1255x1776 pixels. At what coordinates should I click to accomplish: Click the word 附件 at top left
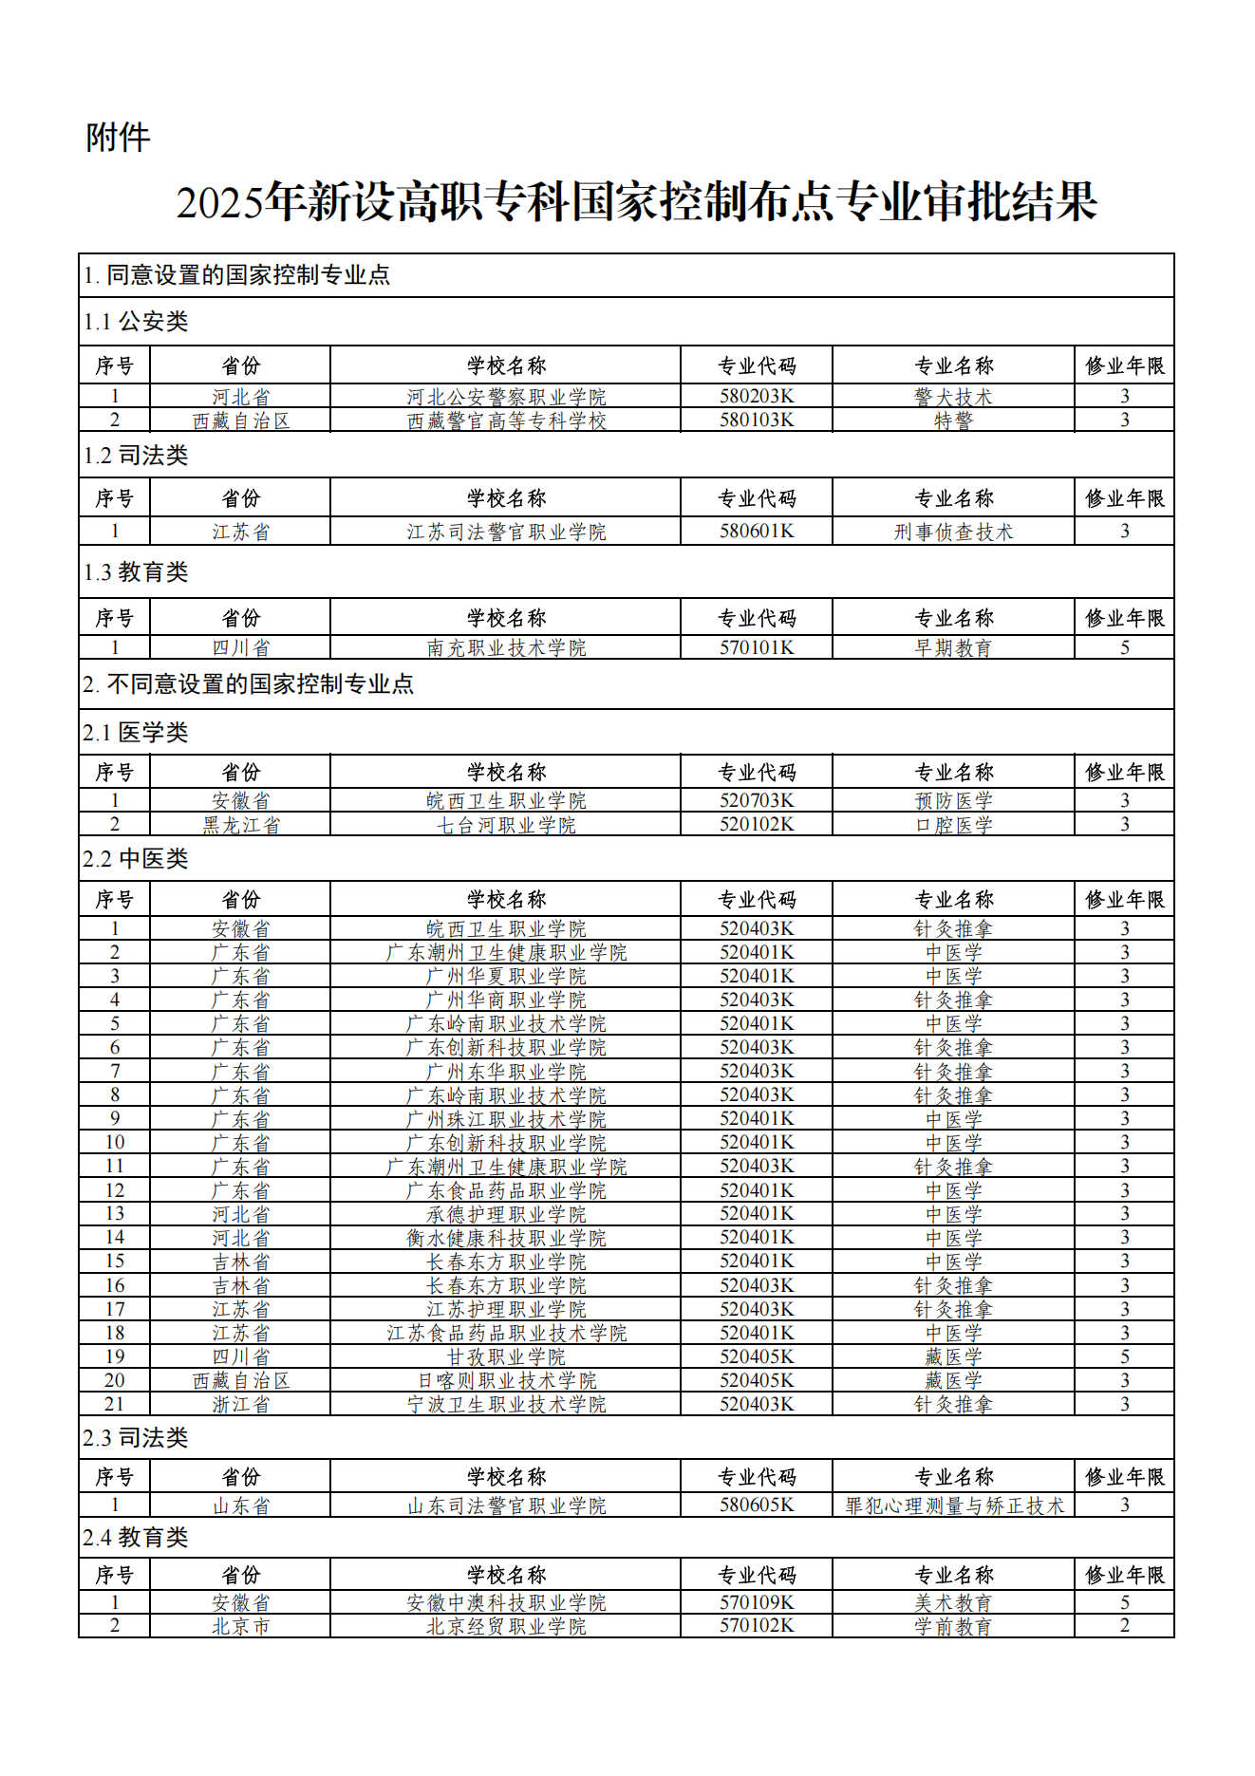[118, 138]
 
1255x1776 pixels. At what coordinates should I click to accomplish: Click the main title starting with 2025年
[636, 202]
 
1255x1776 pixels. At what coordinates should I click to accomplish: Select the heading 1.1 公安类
[136, 322]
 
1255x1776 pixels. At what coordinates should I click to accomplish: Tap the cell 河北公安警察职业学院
[506, 397]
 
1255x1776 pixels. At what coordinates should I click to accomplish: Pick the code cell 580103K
[757, 421]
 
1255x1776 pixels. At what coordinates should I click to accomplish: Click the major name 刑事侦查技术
[953, 532]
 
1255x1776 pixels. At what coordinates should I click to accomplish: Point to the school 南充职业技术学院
[506, 648]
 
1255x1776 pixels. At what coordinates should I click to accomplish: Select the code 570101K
[757, 648]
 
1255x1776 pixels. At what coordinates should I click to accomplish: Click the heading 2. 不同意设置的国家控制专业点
[249, 684]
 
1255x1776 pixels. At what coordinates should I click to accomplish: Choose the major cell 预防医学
[953, 801]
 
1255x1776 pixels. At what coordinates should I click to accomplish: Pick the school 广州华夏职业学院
[506, 977]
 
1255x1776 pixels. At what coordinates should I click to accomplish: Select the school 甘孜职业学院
[506, 1357]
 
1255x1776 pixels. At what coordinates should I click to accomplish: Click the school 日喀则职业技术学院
[506, 1381]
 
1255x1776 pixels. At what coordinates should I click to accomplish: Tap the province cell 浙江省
[241, 1405]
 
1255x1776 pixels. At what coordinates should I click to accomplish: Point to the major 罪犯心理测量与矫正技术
[954, 1506]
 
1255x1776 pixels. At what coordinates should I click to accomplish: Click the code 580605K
[757, 1506]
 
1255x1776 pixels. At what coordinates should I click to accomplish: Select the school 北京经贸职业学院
[506, 1627]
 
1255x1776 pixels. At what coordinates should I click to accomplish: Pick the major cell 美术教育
[953, 1603]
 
